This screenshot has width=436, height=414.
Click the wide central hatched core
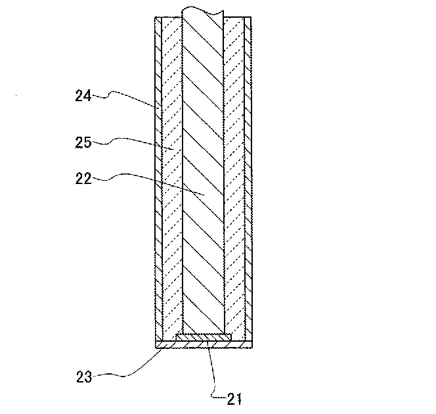coord(203,164)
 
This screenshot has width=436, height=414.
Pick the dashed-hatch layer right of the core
coord(234,197)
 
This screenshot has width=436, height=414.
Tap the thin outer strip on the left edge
coord(158,197)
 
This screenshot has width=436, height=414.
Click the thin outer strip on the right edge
coord(248,197)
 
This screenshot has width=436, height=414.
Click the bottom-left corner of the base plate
coord(155,348)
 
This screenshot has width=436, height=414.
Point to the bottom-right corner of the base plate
coord(251,348)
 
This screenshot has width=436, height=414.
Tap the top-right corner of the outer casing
coord(251,17)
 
